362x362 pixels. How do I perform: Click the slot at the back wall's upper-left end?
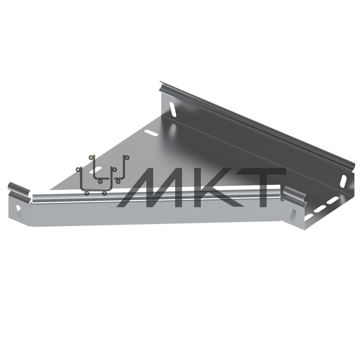[x=173, y=109]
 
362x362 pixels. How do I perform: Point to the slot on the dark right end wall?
[x=343, y=181]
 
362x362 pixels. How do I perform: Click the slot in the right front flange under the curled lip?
[x=294, y=215]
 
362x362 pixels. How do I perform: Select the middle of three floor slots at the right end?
[x=319, y=209]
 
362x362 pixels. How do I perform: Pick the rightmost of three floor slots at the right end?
[x=333, y=200]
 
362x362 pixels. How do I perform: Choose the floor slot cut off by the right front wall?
[x=309, y=217]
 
